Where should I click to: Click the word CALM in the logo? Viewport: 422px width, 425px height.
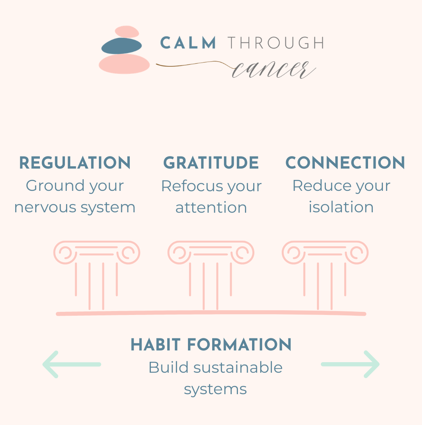[x=188, y=43]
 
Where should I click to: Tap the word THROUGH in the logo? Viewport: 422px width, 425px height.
[x=275, y=43]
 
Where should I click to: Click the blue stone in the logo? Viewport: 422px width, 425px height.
[x=122, y=46]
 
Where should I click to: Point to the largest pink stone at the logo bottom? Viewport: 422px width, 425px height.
[x=124, y=64]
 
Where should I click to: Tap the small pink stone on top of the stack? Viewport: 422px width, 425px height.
[x=127, y=32]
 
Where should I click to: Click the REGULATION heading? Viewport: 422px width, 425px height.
[x=75, y=163]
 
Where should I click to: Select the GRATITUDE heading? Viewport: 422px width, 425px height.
[x=211, y=163]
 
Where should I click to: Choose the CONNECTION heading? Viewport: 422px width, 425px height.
[x=345, y=163]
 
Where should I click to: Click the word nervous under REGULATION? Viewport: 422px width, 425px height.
[x=40, y=207]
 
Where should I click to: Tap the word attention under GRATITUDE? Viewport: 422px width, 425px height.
[x=211, y=207]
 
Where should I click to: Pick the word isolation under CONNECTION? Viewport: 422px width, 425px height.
[x=341, y=207]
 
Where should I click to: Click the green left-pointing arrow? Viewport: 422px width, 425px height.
[x=71, y=364]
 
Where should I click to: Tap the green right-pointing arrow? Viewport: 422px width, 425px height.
[x=350, y=364]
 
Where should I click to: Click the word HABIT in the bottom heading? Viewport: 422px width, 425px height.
[x=156, y=345]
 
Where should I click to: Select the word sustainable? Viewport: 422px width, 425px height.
[x=238, y=368]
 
